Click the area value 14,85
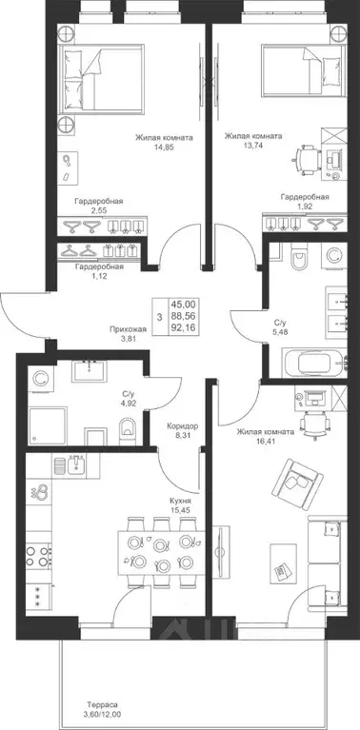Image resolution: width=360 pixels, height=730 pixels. point(164,148)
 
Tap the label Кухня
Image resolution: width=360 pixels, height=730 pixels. point(180,501)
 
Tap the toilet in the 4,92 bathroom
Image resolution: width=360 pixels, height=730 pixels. point(127,429)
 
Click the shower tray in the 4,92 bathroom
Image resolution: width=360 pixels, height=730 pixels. point(47,425)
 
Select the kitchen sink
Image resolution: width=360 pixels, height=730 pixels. point(75,464)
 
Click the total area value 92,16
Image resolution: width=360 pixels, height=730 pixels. point(184,328)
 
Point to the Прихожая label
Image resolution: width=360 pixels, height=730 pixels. point(128,329)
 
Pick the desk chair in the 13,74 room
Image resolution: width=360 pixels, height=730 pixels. point(307,159)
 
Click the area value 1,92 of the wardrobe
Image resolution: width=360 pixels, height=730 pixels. point(305,207)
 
